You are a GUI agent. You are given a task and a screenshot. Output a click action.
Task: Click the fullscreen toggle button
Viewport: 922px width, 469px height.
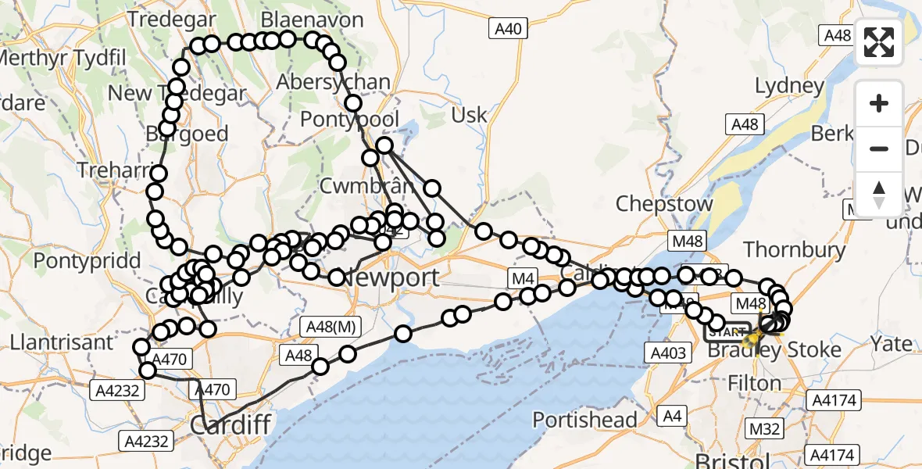pos(879,42)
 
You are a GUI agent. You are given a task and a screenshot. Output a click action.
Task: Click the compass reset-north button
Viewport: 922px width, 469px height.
pos(879,195)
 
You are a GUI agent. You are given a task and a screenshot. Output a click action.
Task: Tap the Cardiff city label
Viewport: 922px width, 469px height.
pos(230,426)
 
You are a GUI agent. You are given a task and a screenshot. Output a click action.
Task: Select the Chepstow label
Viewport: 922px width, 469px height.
pos(664,204)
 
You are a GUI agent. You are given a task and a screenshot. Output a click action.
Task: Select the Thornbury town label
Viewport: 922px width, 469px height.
pos(794,250)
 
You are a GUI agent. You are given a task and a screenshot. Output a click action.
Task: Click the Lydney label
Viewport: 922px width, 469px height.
pos(789,85)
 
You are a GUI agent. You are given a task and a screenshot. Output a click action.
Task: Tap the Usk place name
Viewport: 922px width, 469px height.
pos(469,115)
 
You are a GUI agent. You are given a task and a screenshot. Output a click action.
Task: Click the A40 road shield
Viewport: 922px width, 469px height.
pos(508,30)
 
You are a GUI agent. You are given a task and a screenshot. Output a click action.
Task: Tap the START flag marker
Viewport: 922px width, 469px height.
pos(726,332)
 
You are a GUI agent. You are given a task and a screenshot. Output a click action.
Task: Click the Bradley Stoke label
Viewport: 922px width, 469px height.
pos(774,349)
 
